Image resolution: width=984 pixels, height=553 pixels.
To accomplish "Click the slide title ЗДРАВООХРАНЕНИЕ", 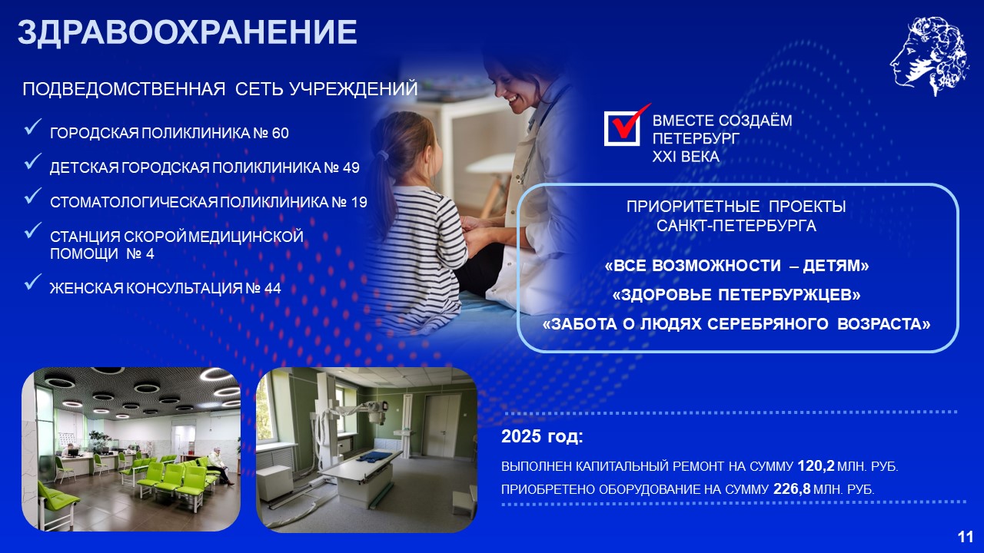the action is pos(187,32).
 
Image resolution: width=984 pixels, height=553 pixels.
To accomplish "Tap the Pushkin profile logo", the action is pos(930,56).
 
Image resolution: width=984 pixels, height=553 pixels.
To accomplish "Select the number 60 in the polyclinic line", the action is pos(281,133).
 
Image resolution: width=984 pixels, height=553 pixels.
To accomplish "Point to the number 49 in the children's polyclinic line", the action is pos(351,167).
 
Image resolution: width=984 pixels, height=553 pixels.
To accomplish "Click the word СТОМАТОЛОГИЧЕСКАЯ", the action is pos(134,202).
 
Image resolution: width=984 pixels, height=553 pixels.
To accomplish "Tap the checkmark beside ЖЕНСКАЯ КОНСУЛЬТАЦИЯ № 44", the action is pos(33,281).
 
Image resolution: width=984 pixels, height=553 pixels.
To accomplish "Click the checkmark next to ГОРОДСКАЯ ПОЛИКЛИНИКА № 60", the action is pos(33,126).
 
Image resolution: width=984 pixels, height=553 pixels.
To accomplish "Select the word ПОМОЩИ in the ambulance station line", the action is pos(84,253).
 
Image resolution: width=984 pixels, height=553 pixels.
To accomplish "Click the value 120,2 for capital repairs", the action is pos(816,465).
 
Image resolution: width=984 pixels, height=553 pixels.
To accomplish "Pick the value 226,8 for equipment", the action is pos(792,488).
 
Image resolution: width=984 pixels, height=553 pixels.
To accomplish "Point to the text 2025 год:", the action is pos(542,437).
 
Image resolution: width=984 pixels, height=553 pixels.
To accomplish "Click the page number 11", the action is pos(966,538).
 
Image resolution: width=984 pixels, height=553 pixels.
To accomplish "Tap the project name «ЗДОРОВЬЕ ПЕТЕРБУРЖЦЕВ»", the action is pos(736,295).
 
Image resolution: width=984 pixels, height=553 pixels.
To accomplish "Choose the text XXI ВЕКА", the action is pos(686,157).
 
